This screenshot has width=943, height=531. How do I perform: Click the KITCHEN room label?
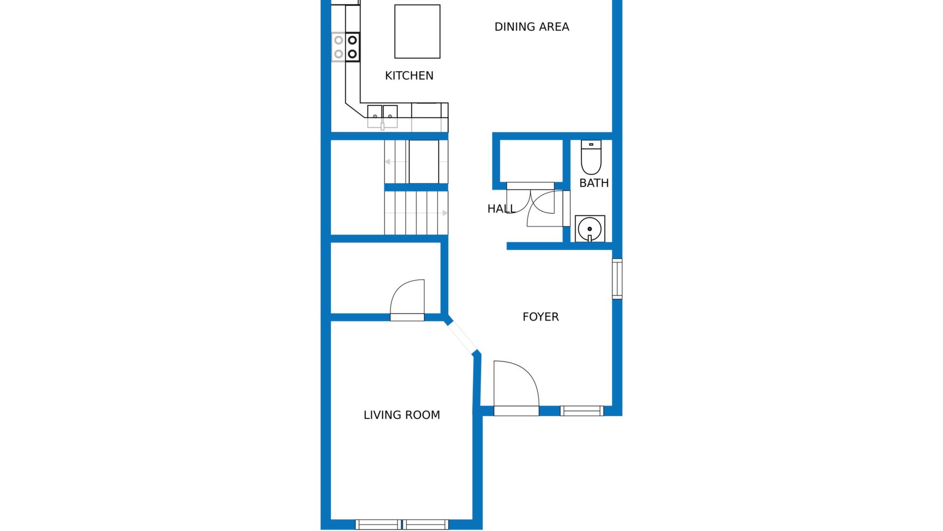click(x=409, y=76)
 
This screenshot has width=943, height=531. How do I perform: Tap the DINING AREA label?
click(x=532, y=27)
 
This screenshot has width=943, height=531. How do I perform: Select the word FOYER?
click(x=541, y=317)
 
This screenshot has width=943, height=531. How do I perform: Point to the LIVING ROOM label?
click(x=402, y=415)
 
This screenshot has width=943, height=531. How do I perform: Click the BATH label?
click(x=594, y=183)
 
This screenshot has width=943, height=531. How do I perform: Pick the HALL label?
click(x=501, y=209)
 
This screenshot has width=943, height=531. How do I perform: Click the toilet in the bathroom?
click(x=591, y=157)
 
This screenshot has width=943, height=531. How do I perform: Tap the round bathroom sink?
click(x=590, y=229)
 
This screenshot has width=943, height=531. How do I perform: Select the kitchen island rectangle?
click(x=417, y=31)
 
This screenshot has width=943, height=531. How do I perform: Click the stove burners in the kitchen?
click(x=346, y=47)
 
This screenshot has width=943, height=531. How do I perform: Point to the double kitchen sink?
click(x=383, y=117)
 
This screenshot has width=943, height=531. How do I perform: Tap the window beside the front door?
click(x=582, y=411)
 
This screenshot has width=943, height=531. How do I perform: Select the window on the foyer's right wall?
click(x=617, y=279)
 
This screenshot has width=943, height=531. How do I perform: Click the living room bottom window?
click(x=402, y=525)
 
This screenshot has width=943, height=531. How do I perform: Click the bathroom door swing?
click(x=545, y=209)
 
